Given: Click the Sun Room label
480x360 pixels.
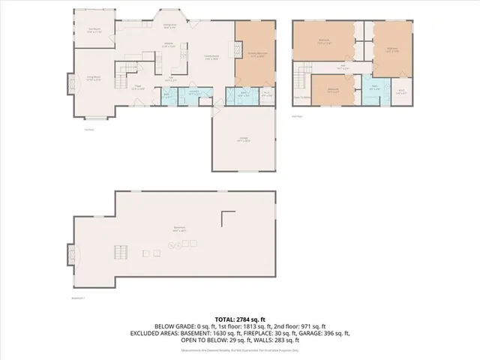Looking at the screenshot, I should pos(94,31).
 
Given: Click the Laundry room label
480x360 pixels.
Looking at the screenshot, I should pos(193,94).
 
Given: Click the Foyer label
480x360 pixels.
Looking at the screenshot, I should pos(138,87).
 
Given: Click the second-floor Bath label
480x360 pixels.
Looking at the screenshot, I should pos(374,88).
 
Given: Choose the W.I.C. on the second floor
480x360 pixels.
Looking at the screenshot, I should pos(401,92).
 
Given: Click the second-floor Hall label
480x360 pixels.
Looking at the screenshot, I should pos(343,66).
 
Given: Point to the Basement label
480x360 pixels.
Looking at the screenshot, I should pos(178,228).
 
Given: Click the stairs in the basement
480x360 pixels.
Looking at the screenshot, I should pos(118,252).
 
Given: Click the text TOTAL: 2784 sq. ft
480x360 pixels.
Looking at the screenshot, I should pos(239,319).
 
